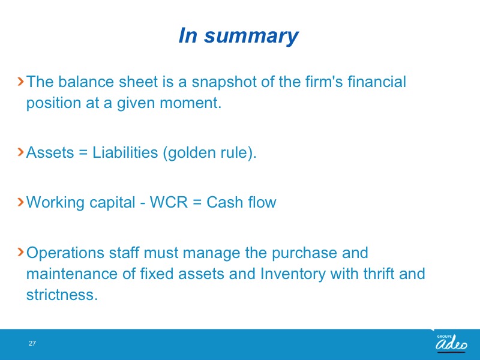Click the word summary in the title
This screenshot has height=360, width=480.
pos(251,37)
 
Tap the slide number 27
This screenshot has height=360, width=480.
pos(32,343)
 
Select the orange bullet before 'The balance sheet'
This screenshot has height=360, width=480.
pos(21,82)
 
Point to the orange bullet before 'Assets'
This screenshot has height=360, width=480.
pos(21,152)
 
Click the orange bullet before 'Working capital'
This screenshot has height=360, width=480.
pos(21,202)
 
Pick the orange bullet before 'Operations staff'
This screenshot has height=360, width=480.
pos(21,252)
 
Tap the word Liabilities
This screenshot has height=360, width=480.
pos(125,152)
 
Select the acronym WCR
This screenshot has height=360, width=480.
pos(169,202)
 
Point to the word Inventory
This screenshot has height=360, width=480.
pos(293,274)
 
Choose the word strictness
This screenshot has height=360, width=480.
pos(62,295)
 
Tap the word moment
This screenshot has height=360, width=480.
pos(190,103)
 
